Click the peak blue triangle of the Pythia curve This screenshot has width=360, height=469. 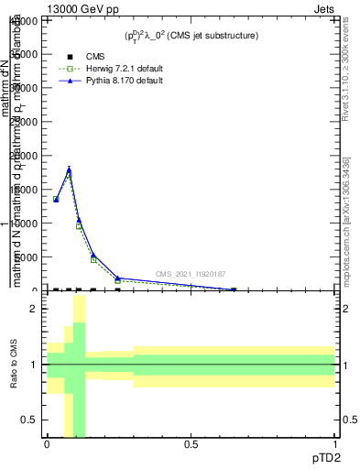point(69,169)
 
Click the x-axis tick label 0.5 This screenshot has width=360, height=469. point(191,444)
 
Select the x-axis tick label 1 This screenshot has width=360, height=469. point(334,444)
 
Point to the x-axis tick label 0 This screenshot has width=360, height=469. point(47,444)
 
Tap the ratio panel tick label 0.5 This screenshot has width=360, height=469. point(28,420)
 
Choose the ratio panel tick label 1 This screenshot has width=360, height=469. point(33,365)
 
